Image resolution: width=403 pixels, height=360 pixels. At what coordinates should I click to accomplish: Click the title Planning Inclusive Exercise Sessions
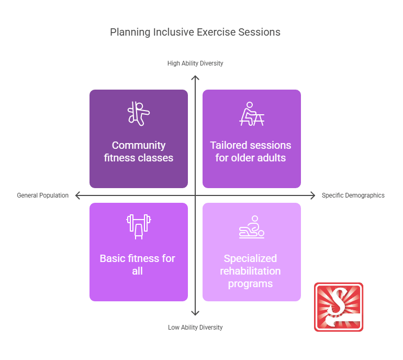(195, 32)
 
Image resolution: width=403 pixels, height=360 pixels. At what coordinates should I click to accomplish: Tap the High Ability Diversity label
(195, 63)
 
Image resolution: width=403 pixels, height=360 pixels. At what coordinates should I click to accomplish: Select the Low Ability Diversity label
(195, 328)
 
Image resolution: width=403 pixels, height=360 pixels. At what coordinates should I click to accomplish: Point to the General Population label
(43, 195)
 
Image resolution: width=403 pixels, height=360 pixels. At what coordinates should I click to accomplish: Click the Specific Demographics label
(353, 195)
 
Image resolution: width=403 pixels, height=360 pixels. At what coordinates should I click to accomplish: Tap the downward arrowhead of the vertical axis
(195, 313)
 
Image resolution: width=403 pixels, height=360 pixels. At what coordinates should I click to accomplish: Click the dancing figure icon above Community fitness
(139, 113)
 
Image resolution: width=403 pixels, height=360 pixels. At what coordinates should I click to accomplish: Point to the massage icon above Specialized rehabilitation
(251, 227)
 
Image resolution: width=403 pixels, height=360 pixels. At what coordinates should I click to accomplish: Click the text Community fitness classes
(139, 151)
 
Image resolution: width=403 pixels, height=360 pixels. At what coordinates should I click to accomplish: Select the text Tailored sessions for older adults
(251, 151)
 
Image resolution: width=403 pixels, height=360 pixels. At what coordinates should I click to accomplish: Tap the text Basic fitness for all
(138, 265)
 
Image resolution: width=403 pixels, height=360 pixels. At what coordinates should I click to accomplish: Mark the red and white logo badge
(339, 307)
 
